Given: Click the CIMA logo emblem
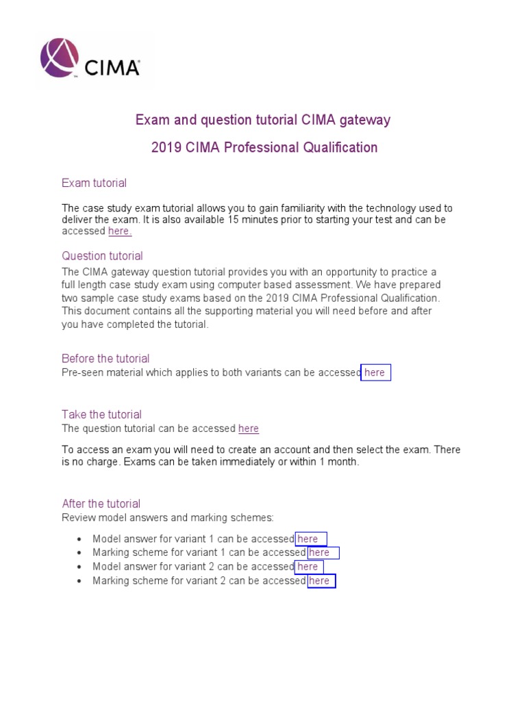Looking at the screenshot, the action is point(60,58).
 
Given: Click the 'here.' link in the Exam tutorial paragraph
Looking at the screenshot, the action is point(119,231).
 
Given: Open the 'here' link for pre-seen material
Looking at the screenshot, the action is point(375,372).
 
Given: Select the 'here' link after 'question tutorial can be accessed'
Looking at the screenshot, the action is point(249,429).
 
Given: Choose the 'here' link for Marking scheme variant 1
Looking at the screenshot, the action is point(320,552).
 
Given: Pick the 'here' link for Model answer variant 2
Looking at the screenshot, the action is point(308,567).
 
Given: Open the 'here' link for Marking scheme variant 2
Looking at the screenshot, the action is point(320,581).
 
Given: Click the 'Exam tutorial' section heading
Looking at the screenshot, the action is point(94,183).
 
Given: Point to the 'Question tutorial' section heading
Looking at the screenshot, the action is point(102,256).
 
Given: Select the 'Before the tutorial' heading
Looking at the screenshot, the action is point(105,359).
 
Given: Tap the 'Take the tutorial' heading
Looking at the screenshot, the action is point(101,414).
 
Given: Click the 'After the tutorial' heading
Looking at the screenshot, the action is point(101,504).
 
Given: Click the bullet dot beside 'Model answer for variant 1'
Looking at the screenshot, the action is point(80,539).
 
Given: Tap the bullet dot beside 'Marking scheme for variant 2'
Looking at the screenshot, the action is point(80,581).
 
